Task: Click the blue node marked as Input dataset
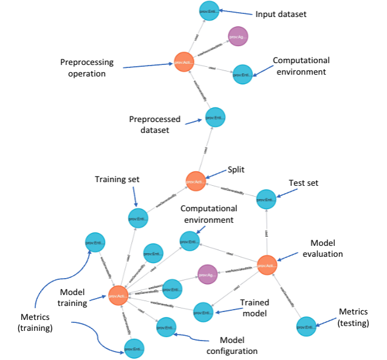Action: tap(210, 11)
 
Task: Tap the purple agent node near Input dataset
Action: tap(238, 37)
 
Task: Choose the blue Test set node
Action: tap(266, 199)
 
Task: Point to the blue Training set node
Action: tap(138, 217)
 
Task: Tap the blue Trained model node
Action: tap(204, 312)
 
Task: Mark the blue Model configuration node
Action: tap(166, 328)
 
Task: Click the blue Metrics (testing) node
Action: tap(307, 327)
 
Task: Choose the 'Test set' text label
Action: tap(303, 182)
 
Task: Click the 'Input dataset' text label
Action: tap(281, 14)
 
